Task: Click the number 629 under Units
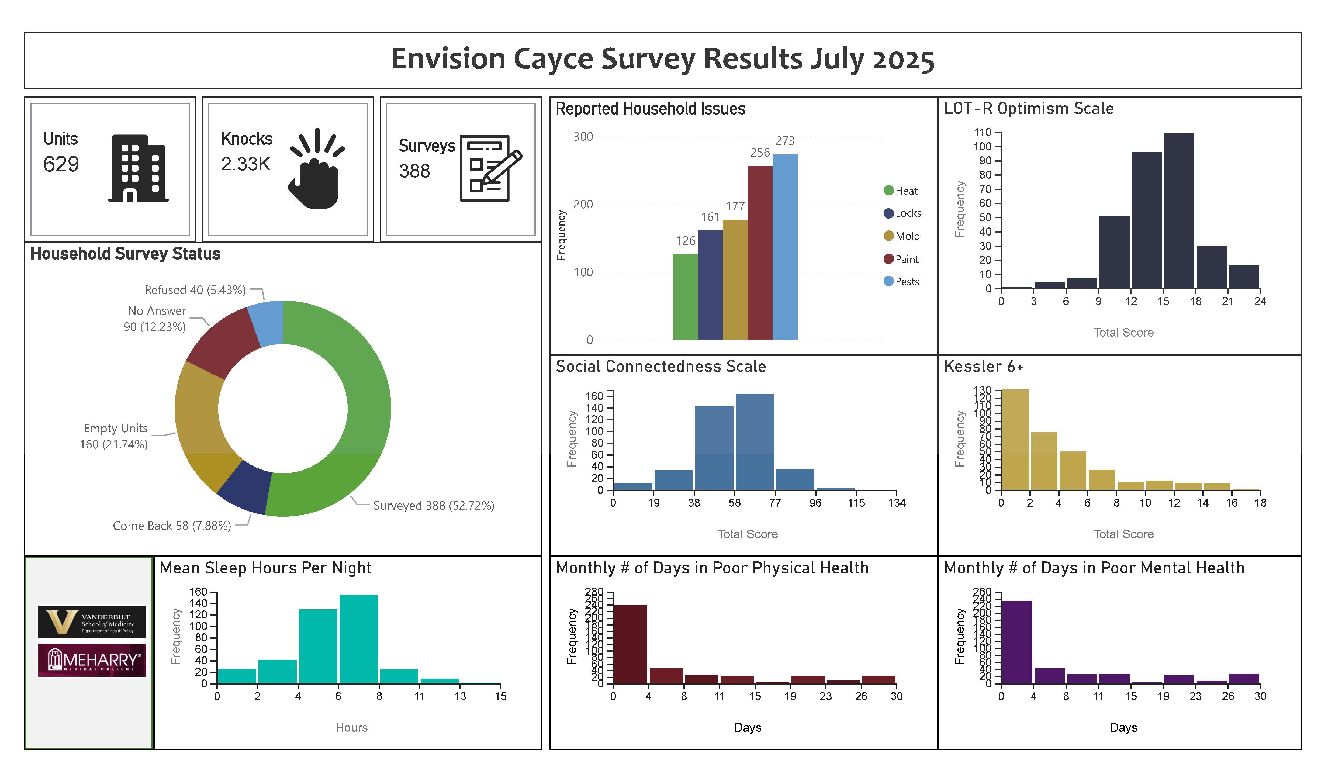pos(61,164)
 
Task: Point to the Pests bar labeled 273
pos(785,247)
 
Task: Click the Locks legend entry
pos(902,213)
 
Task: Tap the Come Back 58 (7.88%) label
pos(172,526)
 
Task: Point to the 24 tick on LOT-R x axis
pos(1260,301)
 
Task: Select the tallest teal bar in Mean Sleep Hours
pos(358,639)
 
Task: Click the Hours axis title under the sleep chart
pos(351,727)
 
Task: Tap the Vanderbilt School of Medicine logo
pos(92,621)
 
